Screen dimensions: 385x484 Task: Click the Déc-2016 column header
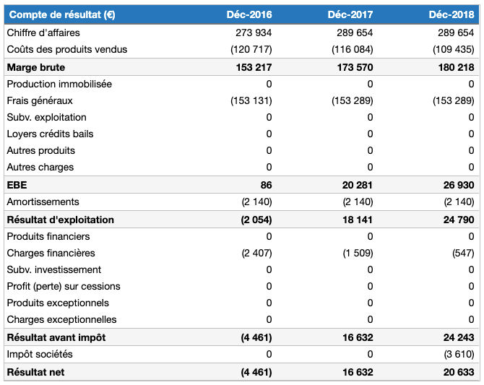click(x=249, y=14)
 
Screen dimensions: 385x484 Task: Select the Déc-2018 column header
click(x=451, y=14)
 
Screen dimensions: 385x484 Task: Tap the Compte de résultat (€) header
click(x=61, y=14)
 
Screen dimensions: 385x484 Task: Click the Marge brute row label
click(x=35, y=67)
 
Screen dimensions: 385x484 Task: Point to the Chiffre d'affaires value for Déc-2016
click(x=254, y=33)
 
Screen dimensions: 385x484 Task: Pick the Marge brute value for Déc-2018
click(x=456, y=67)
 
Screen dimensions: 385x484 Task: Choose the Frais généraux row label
click(x=40, y=100)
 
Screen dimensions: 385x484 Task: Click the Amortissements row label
click(x=43, y=202)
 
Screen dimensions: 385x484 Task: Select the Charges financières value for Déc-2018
click(x=462, y=253)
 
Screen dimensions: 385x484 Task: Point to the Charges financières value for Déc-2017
click(x=358, y=253)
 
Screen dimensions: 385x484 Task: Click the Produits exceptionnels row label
click(x=58, y=303)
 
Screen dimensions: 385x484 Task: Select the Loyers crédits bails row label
click(x=50, y=134)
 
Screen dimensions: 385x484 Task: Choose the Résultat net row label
click(x=36, y=372)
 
